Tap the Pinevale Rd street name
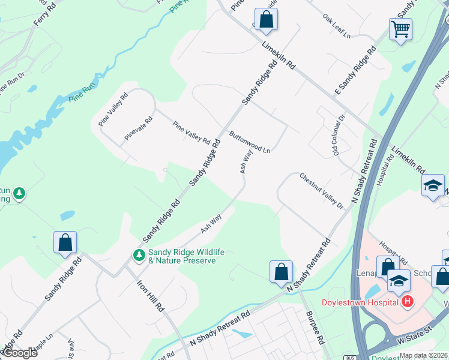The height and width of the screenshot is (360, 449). pos(139,128)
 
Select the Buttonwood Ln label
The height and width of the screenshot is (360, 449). pos(249,142)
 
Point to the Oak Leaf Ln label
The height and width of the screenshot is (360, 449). pos(336,26)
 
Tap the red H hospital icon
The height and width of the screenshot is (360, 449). pos(408,301)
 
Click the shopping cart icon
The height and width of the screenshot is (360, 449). pos(400,28)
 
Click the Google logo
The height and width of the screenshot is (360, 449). pos(19,353)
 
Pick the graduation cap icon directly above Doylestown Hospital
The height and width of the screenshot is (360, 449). pos(399,280)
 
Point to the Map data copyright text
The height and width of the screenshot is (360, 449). pos(424,355)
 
